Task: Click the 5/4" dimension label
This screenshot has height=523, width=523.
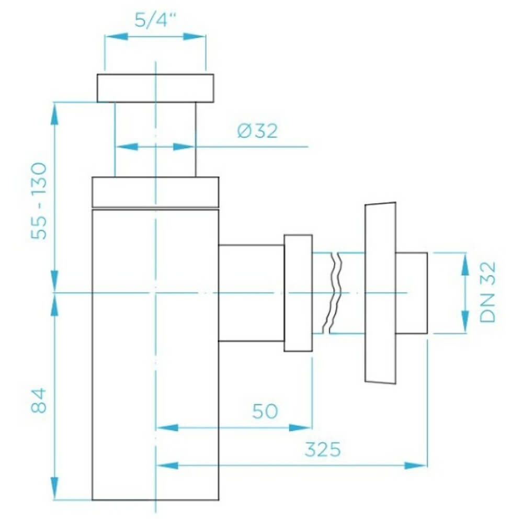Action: [x=155, y=21]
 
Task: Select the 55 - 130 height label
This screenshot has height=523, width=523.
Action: [x=39, y=201]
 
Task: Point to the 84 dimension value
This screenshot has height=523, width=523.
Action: [x=39, y=401]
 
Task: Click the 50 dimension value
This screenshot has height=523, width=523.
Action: [x=265, y=411]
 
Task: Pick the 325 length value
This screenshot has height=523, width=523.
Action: [x=323, y=450]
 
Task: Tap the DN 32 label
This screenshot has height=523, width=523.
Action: [x=487, y=292]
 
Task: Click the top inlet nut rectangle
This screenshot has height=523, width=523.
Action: [x=155, y=88]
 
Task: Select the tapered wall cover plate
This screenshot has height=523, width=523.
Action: [x=380, y=293]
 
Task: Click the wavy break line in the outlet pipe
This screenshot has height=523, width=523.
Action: [x=334, y=293]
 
